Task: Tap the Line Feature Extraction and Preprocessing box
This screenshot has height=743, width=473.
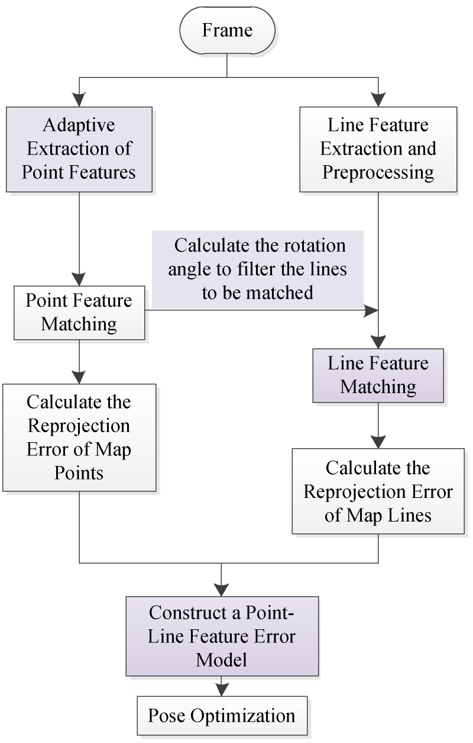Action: (378, 149)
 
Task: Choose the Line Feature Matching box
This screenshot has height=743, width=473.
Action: (378, 375)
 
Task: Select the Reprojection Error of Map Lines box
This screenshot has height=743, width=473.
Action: (378, 491)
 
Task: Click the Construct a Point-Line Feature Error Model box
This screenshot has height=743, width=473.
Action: (222, 636)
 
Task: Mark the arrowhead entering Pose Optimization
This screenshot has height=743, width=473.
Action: (222, 690)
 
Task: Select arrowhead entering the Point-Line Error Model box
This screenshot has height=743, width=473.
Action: (222, 590)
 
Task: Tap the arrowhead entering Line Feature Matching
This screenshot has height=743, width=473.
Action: (378, 342)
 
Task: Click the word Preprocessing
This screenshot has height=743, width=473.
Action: (378, 173)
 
